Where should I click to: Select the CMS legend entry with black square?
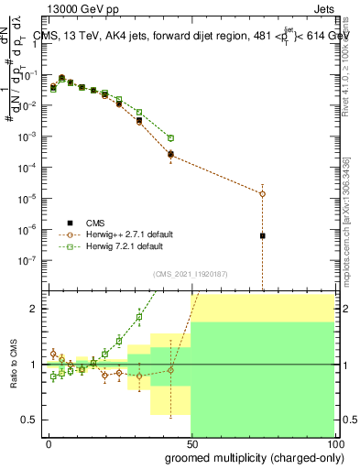coord(94,222)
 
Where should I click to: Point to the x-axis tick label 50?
coord(191,445)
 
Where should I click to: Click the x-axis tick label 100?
coord(333,445)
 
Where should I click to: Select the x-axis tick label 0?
coord(49,445)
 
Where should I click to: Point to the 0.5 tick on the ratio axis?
coord(31,420)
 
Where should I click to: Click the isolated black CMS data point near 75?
coord(262,235)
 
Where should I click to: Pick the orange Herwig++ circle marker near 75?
coord(262,193)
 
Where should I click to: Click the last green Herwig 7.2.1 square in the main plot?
coord(170,137)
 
